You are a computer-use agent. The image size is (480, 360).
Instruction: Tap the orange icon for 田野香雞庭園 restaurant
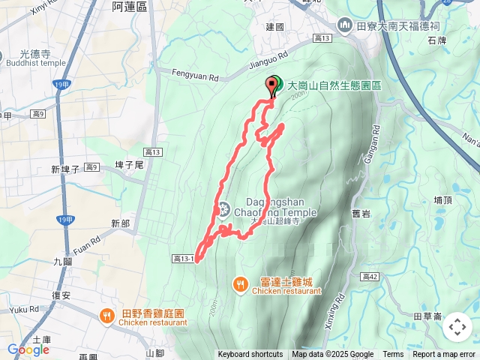[x=107, y=316]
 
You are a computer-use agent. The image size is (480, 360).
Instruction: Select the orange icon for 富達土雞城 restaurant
[x=240, y=284]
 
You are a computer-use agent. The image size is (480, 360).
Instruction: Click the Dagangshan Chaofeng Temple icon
[x=224, y=208]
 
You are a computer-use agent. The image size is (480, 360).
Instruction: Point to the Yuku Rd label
[x=25, y=309]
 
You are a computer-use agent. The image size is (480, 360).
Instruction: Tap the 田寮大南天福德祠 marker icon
[x=345, y=25]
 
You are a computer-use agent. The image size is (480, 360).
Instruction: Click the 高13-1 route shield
[x=184, y=259]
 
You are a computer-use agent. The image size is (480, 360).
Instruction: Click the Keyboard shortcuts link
[x=250, y=355]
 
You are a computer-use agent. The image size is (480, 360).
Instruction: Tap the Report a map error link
[x=444, y=355]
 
